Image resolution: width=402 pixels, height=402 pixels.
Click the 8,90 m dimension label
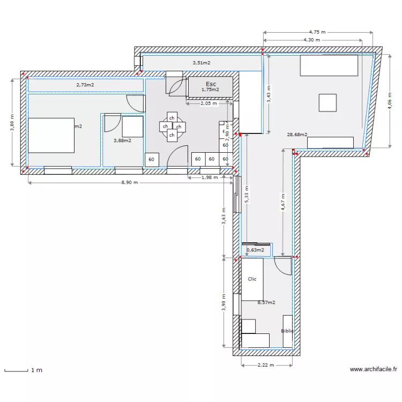pyautogui.click(x=129, y=183)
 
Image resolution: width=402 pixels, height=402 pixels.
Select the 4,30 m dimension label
pyautogui.click(x=311, y=40)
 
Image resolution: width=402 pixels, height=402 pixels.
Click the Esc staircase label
pyautogui.click(x=211, y=84)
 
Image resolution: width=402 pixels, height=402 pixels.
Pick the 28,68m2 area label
pyautogui.click(x=297, y=135)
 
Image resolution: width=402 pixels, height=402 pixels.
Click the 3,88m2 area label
pyautogui.click(x=122, y=140)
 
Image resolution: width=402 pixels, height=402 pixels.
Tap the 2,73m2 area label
pyautogui.click(x=85, y=85)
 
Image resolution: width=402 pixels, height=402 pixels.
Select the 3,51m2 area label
pyautogui.click(x=201, y=63)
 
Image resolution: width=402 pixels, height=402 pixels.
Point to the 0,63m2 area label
pyautogui.click(x=255, y=250)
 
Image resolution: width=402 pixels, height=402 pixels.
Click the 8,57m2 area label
pyautogui.click(x=266, y=302)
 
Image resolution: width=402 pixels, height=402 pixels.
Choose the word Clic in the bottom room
pyautogui.click(x=252, y=279)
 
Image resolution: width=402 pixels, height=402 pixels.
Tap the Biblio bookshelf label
pyautogui.click(x=287, y=331)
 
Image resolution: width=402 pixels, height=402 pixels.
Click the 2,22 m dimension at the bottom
pyautogui.click(x=265, y=366)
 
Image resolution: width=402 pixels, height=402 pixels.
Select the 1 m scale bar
pyautogui.click(x=16, y=370)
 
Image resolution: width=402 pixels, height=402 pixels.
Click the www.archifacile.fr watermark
pyautogui.click(x=374, y=369)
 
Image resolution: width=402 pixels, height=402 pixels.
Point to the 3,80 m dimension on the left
pyautogui.click(x=12, y=122)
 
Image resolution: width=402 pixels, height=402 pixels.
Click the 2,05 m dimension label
pyautogui.click(x=209, y=103)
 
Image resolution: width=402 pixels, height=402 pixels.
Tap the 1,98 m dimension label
pyautogui.click(x=210, y=177)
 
